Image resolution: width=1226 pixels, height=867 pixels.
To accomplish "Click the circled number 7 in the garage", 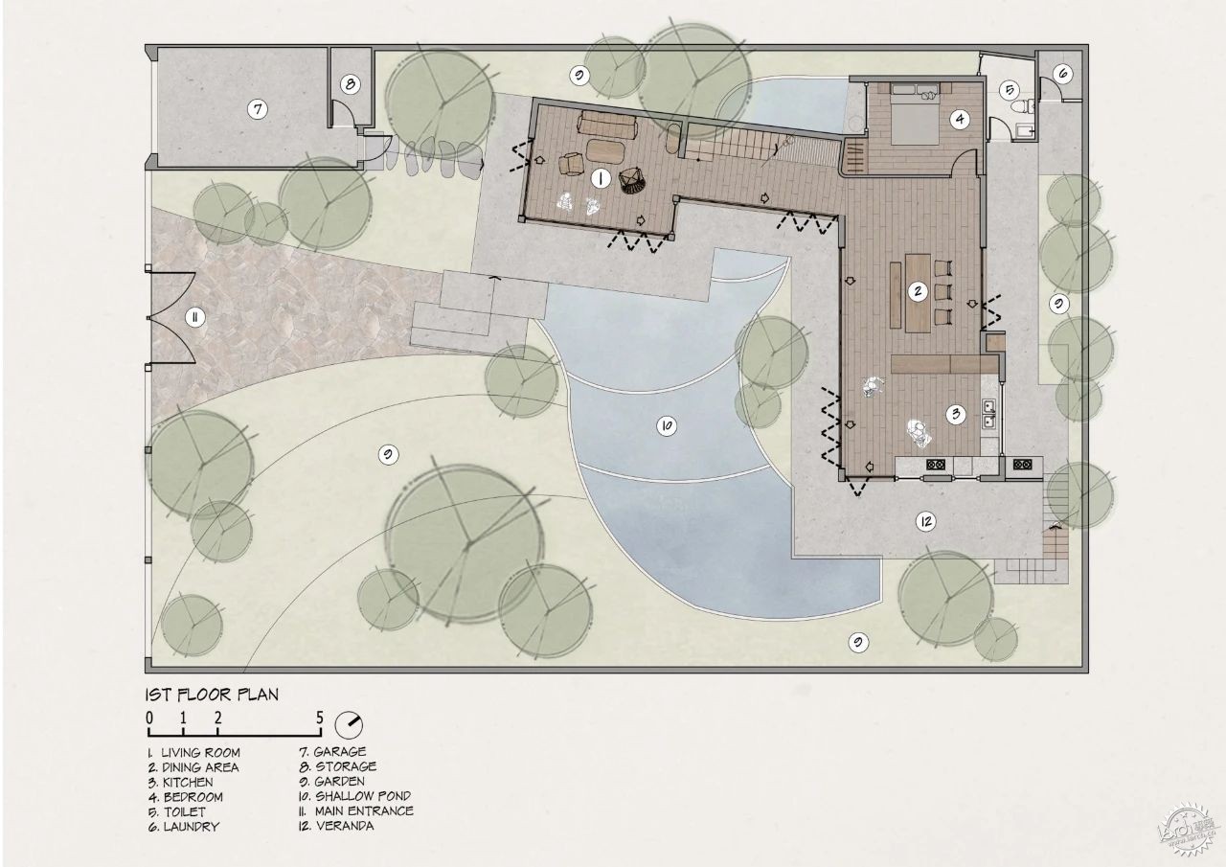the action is click(258, 109).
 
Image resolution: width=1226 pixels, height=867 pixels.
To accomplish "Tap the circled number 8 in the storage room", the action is click(351, 84).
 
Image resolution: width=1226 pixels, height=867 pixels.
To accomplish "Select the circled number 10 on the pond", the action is click(666, 426).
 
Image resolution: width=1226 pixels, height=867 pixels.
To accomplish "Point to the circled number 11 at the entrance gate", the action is click(194, 317).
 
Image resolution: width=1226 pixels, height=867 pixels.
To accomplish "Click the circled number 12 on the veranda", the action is click(926, 521).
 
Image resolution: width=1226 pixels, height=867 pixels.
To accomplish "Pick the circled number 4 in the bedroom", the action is click(960, 119).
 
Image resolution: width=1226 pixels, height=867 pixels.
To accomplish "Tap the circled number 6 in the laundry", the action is click(1062, 74).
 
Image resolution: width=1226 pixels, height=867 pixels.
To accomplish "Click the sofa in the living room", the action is click(607, 125).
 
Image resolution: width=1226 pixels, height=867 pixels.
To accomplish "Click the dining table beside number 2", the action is click(918, 293).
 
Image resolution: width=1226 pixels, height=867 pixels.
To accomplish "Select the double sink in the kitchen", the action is click(989, 414).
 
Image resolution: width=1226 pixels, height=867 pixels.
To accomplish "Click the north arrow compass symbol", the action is click(349, 725).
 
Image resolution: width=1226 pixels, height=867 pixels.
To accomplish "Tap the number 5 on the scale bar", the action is click(320, 719).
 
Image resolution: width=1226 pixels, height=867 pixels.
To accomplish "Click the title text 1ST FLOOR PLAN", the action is click(212, 695).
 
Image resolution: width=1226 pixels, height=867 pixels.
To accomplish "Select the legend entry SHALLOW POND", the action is click(363, 796).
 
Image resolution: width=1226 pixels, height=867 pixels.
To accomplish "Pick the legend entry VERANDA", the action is click(345, 826).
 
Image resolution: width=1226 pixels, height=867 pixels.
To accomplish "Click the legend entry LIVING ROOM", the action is click(200, 753).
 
